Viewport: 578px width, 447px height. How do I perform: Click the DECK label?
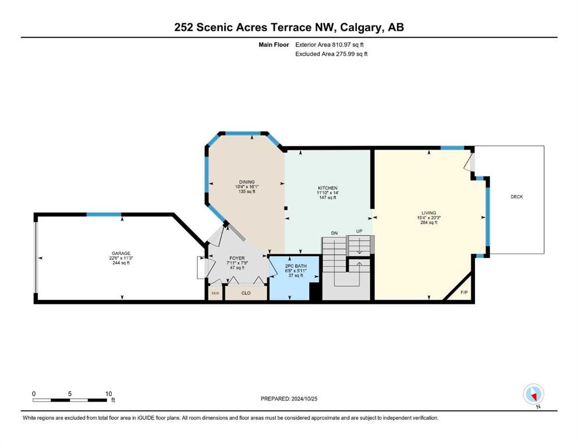pos(516,197)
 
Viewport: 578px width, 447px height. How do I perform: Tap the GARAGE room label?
pos(121,253)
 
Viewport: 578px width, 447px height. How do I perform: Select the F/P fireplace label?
pos(464,293)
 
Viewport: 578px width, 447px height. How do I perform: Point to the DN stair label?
pos(334,233)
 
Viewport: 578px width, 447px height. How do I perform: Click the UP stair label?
pos(359,232)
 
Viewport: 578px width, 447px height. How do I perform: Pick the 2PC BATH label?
pos(296,266)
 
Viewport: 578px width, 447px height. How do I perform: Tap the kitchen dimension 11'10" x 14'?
pos(328,193)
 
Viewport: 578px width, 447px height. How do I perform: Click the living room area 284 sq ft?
pos(429,222)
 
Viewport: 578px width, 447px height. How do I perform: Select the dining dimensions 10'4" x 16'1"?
pos(247,187)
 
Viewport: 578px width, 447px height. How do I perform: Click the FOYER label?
pos(237,258)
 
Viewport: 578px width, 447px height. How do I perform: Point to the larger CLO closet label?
pos(246,293)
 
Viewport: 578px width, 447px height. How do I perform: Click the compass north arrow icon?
pos(533,394)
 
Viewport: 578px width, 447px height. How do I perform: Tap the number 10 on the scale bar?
pos(108,393)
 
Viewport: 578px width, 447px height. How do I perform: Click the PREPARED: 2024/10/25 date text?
pos(289,399)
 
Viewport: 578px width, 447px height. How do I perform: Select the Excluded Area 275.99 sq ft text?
pos(331,54)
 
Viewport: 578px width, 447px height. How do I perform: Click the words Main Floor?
pos(274,45)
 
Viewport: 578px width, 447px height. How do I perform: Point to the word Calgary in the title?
pos(361,27)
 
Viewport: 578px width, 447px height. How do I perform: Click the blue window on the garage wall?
pos(104,214)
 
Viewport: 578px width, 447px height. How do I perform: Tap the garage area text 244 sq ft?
pos(121,262)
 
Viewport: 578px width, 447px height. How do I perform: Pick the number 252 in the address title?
pos(183,27)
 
